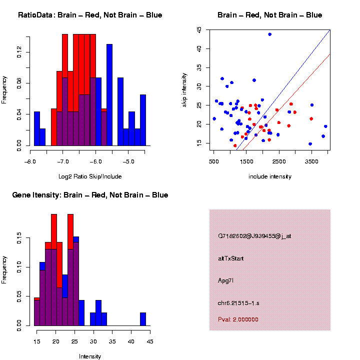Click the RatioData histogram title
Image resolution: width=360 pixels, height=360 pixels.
(x=90, y=15)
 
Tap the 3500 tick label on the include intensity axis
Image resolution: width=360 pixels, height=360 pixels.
(x=312, y=162)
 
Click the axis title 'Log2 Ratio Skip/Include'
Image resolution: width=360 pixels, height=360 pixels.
(x=90, y=176)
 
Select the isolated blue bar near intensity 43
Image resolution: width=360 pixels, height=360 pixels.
(x=143, y=319)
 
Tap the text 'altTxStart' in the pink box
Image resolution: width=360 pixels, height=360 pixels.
(x=231, y=258)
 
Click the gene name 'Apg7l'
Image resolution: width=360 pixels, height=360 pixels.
(x=225, y=280)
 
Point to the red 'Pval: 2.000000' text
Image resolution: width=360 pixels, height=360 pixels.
(x=238, y=319)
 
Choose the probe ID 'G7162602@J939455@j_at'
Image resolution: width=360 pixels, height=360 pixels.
(x=254, y=236)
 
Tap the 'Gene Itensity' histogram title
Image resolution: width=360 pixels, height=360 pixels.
(x=90, y=195)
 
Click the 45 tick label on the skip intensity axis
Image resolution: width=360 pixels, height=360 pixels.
(x=200, y=30)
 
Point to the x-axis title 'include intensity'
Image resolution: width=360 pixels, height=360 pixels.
(x=270, y=176)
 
